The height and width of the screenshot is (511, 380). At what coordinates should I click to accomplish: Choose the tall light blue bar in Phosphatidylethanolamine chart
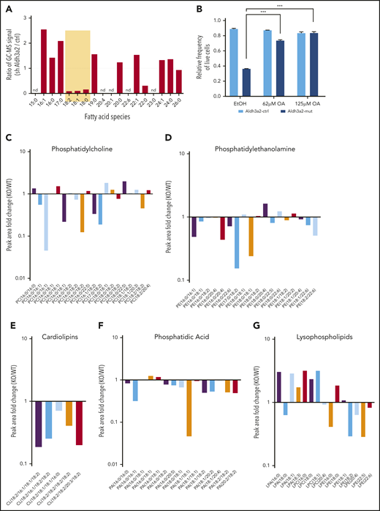point(237,242)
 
